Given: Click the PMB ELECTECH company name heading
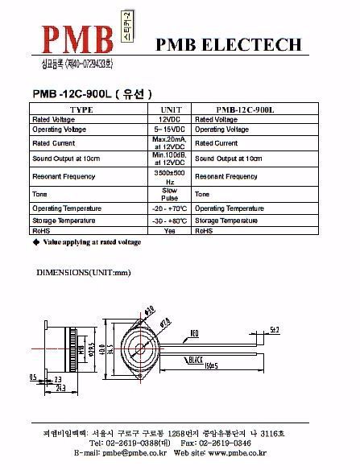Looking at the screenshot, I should coord(229,43).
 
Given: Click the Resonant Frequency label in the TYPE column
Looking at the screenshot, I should coord(64,176).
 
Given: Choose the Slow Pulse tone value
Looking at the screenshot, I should coord(170,194).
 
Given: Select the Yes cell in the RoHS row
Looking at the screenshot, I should coord(170,230).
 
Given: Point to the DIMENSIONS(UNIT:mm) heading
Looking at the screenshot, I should coord(84,273).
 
